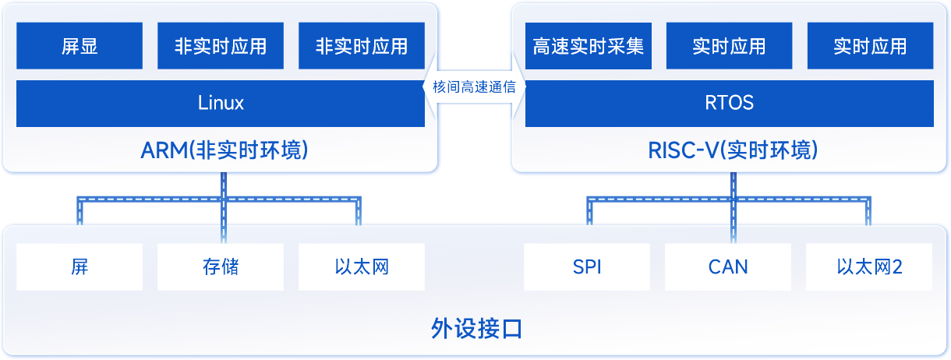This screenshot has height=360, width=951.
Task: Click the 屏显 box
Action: click(80, 46)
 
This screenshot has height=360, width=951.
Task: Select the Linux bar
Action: click(221, 103)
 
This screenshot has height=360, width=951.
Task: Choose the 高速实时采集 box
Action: click(589, 46)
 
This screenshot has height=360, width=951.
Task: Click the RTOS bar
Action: click(729, 103)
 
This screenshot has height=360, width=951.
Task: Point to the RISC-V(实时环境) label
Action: click(733, 150)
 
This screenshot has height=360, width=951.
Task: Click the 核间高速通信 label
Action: click(474, 86)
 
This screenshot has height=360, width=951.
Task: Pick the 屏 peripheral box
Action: click(80, 267)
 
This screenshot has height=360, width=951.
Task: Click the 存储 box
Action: click(221, 267)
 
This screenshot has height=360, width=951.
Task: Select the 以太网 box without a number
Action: click(362, 267)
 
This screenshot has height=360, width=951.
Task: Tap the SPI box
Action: click(587, 267)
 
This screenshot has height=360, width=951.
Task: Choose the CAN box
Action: click(728, 267)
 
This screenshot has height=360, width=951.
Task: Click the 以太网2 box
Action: click(869, 267)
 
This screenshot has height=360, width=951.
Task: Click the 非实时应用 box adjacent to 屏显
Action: click(221, 46)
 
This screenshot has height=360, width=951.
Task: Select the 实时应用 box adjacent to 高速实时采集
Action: click(729, 46)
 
